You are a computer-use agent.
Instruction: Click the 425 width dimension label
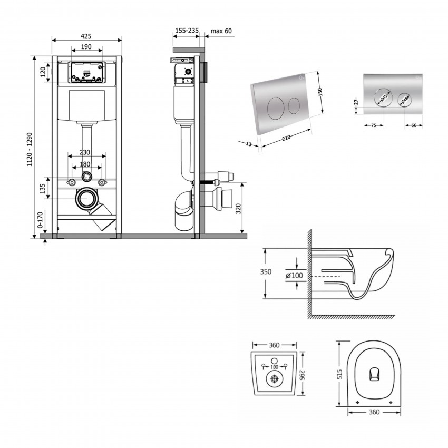point(86,36)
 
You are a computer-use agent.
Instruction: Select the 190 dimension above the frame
point(86,47)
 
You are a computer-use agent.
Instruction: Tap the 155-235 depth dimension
point(186,31)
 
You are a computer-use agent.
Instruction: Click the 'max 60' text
point(221,31)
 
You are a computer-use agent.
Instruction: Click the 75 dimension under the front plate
point(373,125)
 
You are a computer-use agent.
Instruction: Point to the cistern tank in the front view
point(86,105)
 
